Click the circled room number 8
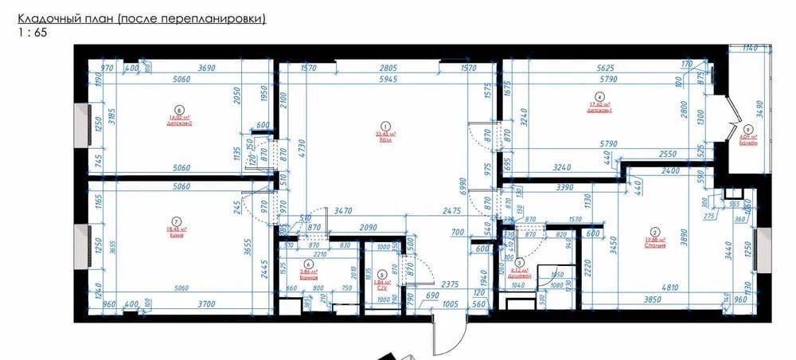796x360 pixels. [179, 111]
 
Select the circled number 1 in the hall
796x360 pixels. [386, 125]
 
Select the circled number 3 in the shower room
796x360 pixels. [519, 261]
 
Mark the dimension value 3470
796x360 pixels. [344, 212]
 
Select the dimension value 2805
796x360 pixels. [388, 68]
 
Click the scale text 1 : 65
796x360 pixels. [27, 33]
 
